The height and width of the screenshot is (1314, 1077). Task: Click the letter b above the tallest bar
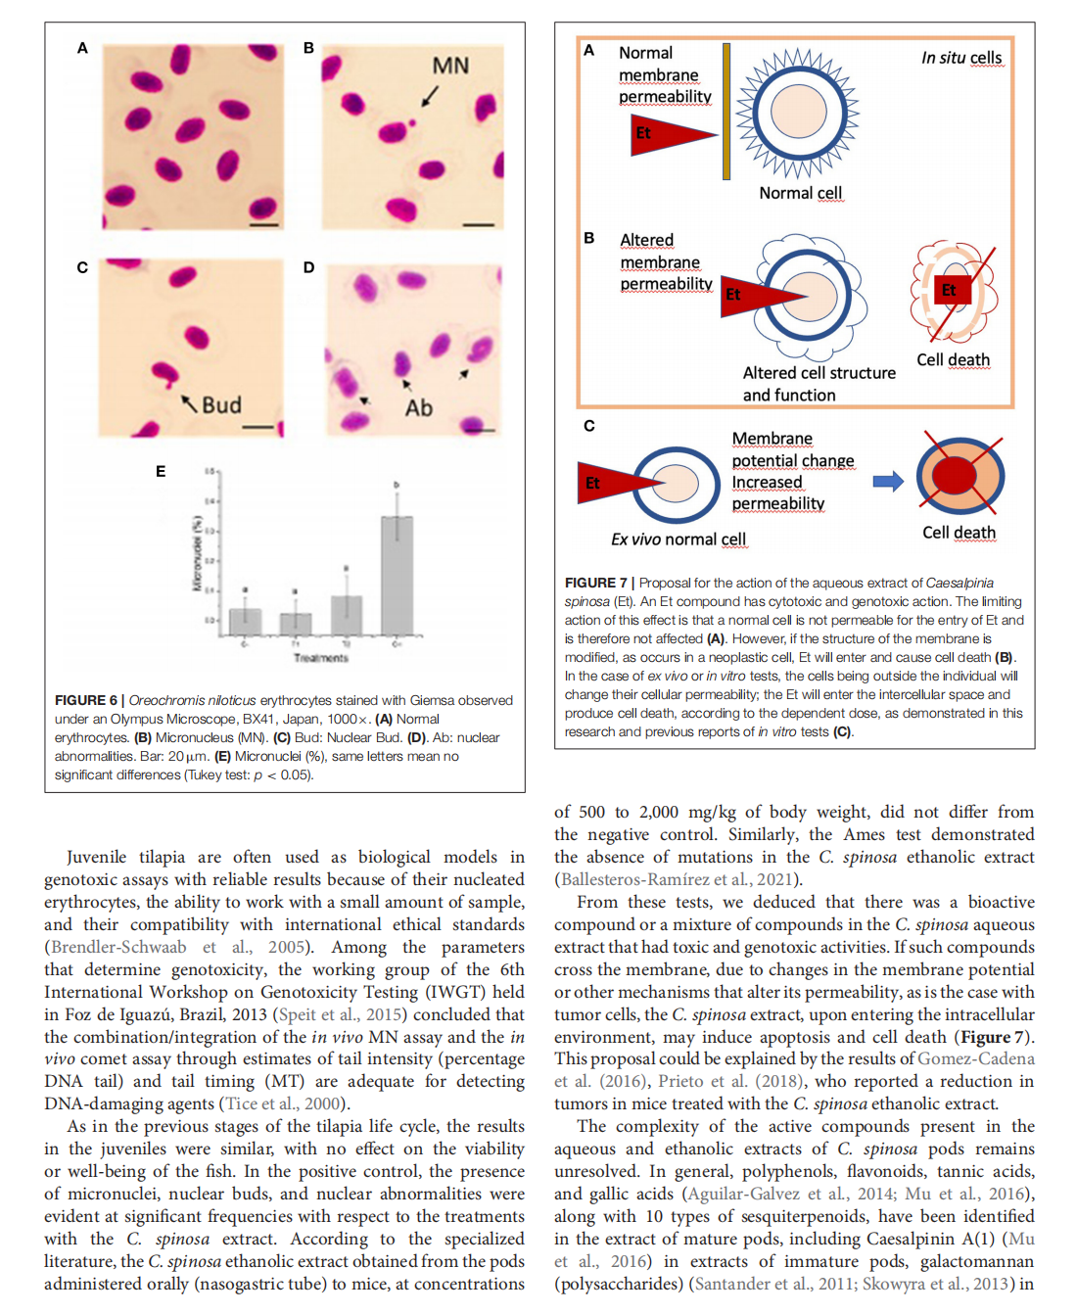click(397, 485)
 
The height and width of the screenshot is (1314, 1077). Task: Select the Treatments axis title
click(321, 658)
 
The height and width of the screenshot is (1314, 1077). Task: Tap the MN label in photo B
click(450, 66)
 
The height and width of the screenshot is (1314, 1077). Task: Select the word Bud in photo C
click(221, 404)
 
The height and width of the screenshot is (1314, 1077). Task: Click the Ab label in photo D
click(418, 407)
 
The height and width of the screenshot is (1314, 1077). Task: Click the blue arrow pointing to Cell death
click(888, 481)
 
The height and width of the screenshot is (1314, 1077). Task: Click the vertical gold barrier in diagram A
click(726, 112)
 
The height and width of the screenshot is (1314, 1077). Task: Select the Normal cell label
click(800, 193)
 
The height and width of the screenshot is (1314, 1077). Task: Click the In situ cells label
click(961, 58)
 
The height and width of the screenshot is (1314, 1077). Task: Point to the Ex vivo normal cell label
click(678, 540)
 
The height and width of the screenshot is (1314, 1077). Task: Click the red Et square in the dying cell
click(949, 290)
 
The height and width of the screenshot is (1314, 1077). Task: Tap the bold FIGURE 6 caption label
click(86, 700)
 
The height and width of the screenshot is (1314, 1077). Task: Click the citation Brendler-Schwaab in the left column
click(118, 947)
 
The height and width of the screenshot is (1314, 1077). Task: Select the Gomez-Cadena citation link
click(975, 1058)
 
